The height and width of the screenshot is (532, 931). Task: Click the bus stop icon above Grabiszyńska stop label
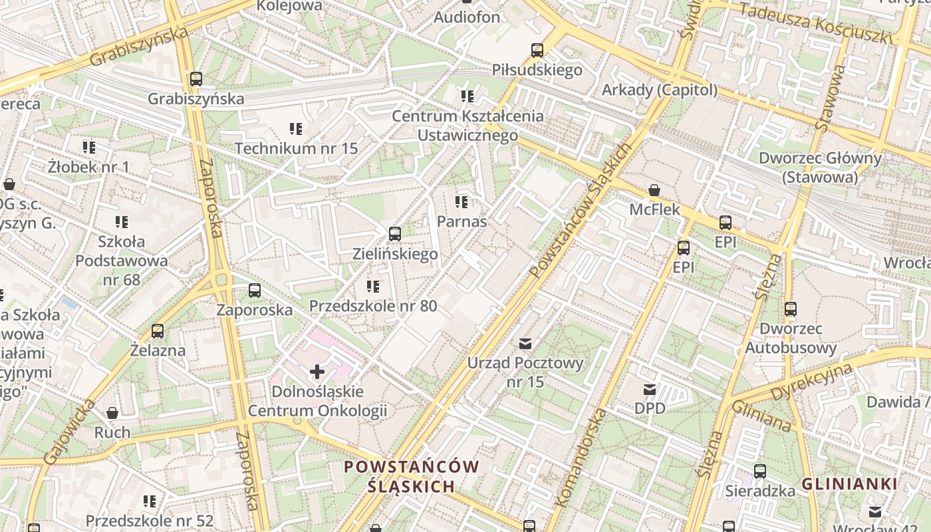(x=196, y=79)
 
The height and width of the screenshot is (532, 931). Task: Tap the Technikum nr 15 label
(x=296, y=148)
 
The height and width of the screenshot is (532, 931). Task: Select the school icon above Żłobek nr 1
(x=88, y=147)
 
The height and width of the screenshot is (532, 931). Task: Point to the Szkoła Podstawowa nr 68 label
(x=122, y=260)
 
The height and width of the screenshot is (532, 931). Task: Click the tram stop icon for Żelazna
(x=158, y=331)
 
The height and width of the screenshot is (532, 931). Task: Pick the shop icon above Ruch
(x=112, y=413)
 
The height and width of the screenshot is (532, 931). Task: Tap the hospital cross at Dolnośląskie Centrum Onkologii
(x=317, y=372)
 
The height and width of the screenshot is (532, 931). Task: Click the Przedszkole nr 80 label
(x=373, y=306)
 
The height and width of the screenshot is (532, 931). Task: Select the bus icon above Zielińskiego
(x=394, y=234)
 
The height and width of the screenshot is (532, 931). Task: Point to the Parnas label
(x=462, y=221)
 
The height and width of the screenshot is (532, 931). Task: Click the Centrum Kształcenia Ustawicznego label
(x=467, y=126)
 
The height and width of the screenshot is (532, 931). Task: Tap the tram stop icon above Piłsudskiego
(x=537, y=51)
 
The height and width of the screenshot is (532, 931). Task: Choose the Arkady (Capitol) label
(x=660, y=90)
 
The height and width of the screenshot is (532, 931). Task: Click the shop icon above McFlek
(x=654, y=190)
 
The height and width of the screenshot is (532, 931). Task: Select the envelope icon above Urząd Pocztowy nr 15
(x=525, y=344)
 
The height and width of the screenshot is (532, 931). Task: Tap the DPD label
(x=650, y=408)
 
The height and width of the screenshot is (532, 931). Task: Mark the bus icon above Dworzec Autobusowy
(x=790, y=309)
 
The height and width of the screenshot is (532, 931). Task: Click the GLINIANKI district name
(x=849, y=484)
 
